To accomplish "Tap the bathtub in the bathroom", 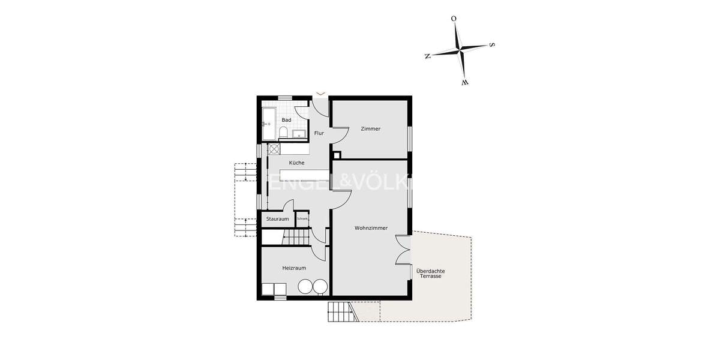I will [x=268, y=123].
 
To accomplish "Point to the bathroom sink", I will [x=298, y=133].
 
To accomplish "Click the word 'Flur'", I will [x=319, y=133].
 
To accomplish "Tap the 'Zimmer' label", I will [x=370, y=128].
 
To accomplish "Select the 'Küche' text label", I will [x=296, y=163].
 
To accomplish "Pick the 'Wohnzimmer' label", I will [x=371, y=228].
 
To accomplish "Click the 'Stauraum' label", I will [x=277, y=219].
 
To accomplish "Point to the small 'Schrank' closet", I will [x=302, y=219].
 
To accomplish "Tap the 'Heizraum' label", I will [x=295, y=268].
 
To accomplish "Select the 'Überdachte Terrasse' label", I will [x=430, y=274].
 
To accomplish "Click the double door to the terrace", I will [x=403, y=250].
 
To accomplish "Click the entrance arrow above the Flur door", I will [x=320, y=94].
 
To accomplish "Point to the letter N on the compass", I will [x=427, y=56].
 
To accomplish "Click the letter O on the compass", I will [x=454, y=19].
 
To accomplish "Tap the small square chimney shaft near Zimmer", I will [x=337, y=154].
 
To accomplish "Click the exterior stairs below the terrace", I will [x=340, y=312].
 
